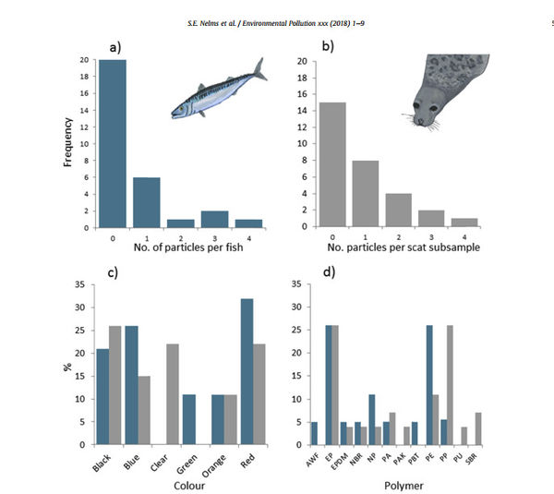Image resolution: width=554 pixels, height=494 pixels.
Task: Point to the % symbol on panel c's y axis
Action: pyautogui.click(x=67, y=367)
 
